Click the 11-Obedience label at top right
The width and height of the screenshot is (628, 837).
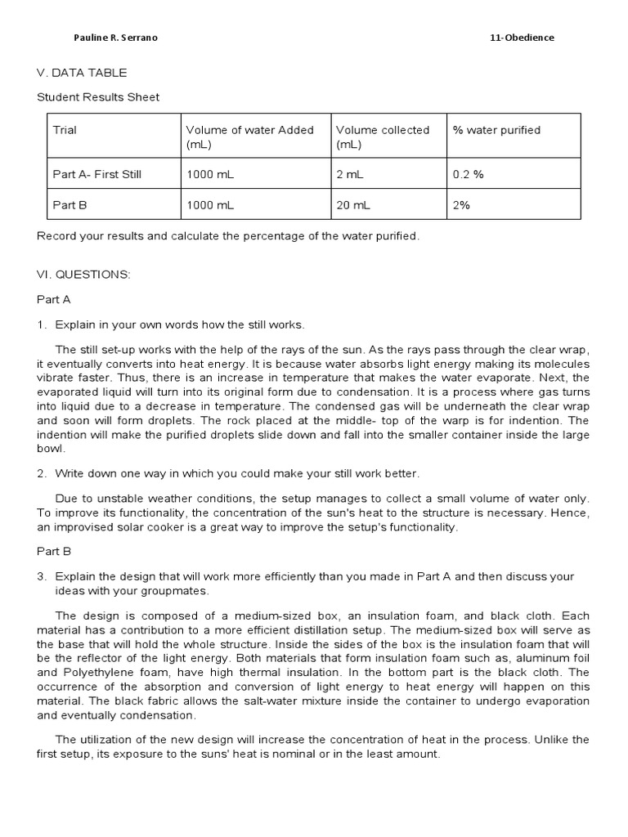(x=521, y=38)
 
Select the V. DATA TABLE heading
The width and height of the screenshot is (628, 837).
(x=74, y=73)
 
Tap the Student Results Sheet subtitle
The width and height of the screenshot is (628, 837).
(x=98, y=97)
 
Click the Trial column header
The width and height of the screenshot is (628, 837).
(x=65, y=130)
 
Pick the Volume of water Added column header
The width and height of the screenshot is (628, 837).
(x=249, y=137)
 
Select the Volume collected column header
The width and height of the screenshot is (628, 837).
(x=382, y=137)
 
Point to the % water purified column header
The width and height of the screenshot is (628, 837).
(x=496, y=130)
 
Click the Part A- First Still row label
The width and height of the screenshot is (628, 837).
(x=97, y=174)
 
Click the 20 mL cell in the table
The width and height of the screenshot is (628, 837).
(x=352, y=205)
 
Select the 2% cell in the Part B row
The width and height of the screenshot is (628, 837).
(x=461, y=205)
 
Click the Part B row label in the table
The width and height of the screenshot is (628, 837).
(x=70, y=205)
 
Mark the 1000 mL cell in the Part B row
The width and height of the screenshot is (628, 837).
(x=210, y=205)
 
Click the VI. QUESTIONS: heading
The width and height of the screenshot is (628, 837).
(x=83, y=275)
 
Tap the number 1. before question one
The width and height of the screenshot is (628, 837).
(x=42, y=325)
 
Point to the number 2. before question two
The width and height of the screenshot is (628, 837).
(x=42, y=473)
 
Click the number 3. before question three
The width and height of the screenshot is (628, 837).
(x=42, y=576)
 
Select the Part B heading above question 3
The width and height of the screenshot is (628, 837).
(x=54, y=551)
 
